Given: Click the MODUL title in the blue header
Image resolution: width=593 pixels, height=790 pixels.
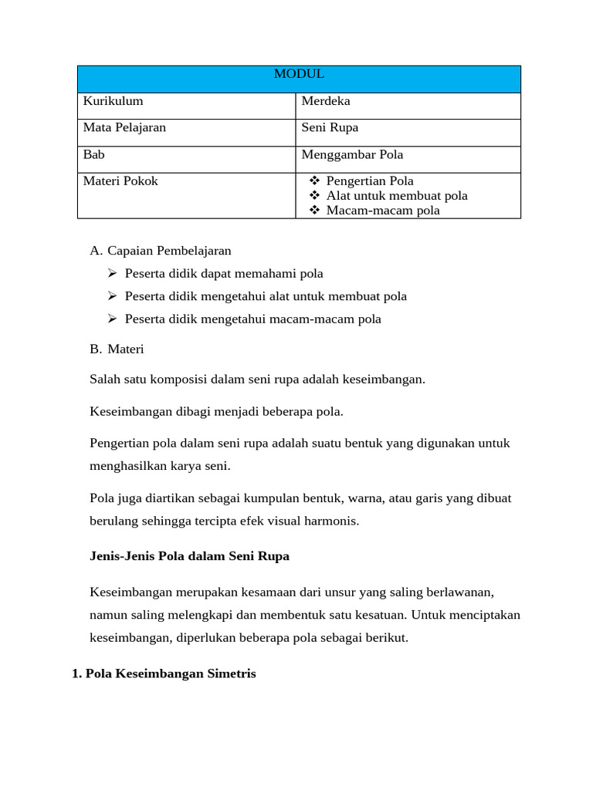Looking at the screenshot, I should click(299, 74).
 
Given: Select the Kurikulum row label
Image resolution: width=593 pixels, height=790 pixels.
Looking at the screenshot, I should click(113, 101).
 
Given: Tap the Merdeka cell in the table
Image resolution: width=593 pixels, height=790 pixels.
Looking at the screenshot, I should click(326, 101).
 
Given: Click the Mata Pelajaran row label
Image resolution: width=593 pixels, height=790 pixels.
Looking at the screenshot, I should click(124, 127).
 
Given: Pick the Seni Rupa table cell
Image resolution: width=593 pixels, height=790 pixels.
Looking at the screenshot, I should click(330, 127).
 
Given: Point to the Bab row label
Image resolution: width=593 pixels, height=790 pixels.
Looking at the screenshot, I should click(93, 154).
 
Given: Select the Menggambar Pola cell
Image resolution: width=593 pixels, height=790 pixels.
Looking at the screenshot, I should click(352, 154).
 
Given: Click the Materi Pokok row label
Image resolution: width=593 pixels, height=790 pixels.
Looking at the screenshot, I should click(120, 181).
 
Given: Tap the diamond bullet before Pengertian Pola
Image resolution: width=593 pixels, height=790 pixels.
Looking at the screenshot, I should click(314, 181).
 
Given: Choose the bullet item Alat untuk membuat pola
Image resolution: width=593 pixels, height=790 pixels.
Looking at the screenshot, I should click(397, 195).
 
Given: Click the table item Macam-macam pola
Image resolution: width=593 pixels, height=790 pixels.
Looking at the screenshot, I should click(383, 210).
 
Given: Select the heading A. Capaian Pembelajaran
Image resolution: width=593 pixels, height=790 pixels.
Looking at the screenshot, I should click(161, 251).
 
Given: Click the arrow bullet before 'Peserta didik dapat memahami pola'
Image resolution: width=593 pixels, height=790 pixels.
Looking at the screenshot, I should click(112, 273).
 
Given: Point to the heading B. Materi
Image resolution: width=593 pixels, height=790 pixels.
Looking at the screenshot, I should click(117, 349).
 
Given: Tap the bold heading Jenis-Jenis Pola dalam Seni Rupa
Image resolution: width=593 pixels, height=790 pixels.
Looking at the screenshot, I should click(189, 555).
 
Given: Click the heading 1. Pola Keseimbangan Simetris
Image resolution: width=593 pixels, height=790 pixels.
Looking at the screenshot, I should click(164, 674).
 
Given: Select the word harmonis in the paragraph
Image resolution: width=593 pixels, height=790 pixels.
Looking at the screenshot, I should click(334, 521).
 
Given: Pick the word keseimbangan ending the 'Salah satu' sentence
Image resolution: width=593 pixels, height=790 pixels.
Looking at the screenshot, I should click(384, 380).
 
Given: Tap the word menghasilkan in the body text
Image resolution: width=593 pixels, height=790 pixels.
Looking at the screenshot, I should click(127, 466).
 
